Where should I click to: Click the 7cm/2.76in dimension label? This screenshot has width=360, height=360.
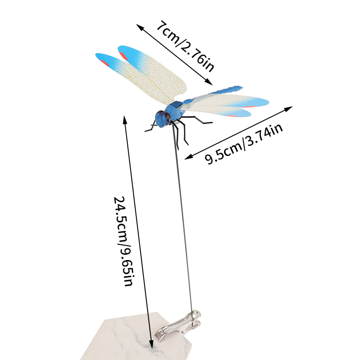click(x=185, y=46)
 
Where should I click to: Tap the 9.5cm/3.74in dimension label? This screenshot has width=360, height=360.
click(x=244, y=144)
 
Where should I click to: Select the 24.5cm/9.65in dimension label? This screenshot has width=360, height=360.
click(x=123, y=241)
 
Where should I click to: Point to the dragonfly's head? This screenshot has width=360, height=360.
click(x=163, y=118)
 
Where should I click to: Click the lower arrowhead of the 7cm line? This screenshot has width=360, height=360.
click(x=209, y=82)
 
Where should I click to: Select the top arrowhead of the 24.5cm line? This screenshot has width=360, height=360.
click(x=125, y=119)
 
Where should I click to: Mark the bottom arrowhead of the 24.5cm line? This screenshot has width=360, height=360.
click(x=151, y=344)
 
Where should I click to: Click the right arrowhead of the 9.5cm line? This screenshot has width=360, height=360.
click(x=289, y=108)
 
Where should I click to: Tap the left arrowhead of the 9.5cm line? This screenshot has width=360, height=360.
click(x=188, y=157)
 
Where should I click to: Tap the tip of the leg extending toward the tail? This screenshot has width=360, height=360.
click(x=211, y=123)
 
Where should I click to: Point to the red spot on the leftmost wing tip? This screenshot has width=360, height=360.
click(x=104, y=63)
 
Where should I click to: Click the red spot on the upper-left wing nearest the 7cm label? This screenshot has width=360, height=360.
click(x=123, y=56)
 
